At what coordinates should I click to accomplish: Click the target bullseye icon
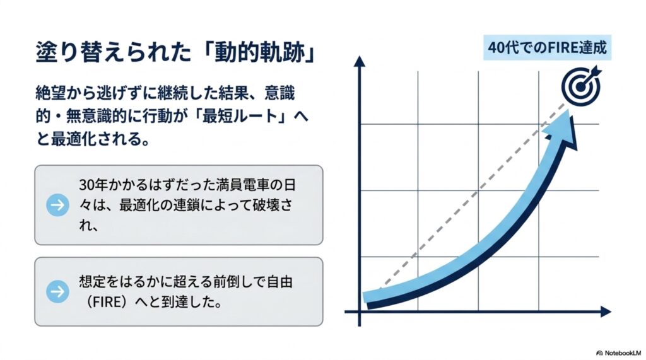click(581, 86)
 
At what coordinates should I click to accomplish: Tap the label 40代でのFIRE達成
click(547, 48)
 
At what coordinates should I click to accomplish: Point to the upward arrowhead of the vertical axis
click(360, 61)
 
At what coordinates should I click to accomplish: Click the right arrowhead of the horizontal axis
click(605, 312)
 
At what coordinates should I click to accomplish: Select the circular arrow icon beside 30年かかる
click(57, 205)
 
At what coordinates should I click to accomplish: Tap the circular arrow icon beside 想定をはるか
click(57, 292)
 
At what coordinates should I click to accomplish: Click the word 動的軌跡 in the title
click(259, 53)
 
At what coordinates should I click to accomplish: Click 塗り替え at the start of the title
click(70, 53)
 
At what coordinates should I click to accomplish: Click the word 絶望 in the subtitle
click(50, 93)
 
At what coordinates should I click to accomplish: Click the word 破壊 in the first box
click(266, 205)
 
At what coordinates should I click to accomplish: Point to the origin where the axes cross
click(360, 312)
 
